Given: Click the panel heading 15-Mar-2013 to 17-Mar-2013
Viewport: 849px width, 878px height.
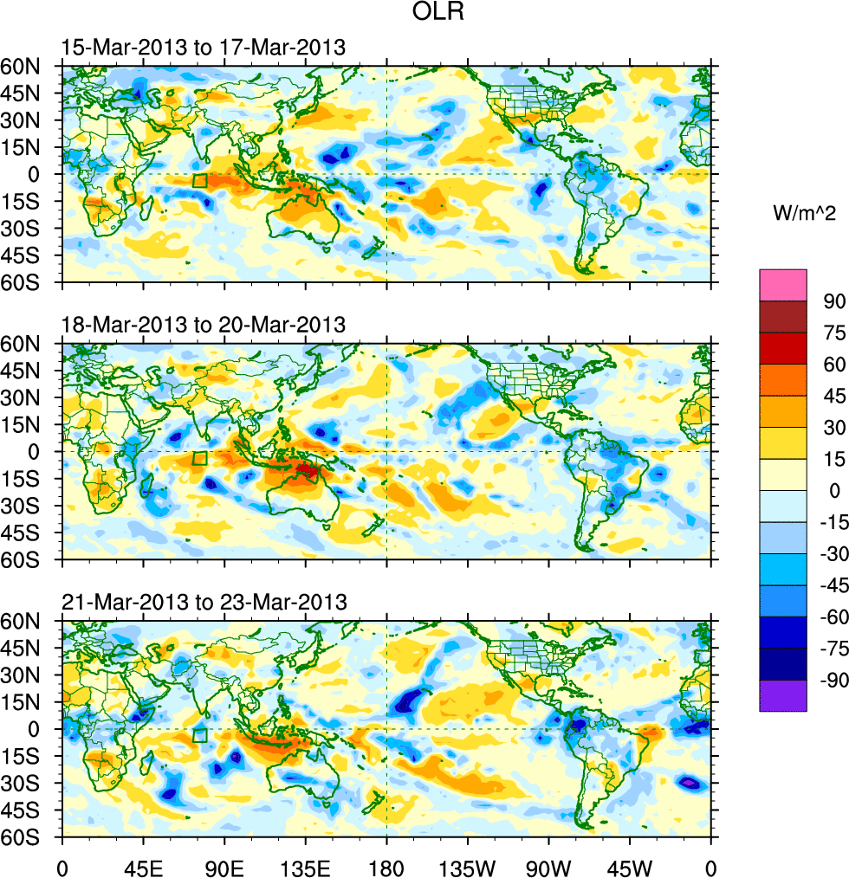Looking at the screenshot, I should (204, 48).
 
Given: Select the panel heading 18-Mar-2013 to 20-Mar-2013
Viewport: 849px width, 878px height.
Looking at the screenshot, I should (204, 325).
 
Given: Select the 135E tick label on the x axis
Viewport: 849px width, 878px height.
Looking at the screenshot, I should (306, 866).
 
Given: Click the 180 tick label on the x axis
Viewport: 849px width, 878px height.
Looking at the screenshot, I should (386, 866).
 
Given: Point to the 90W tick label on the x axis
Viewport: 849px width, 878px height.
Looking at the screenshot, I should (548, 866).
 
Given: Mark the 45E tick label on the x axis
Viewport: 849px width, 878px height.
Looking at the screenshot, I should (143, 866).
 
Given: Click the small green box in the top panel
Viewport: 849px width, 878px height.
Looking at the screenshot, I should (199, 181).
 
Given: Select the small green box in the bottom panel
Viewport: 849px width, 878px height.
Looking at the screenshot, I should (199, 736).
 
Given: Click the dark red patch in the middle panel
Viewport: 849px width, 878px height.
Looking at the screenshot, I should (307, 470).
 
